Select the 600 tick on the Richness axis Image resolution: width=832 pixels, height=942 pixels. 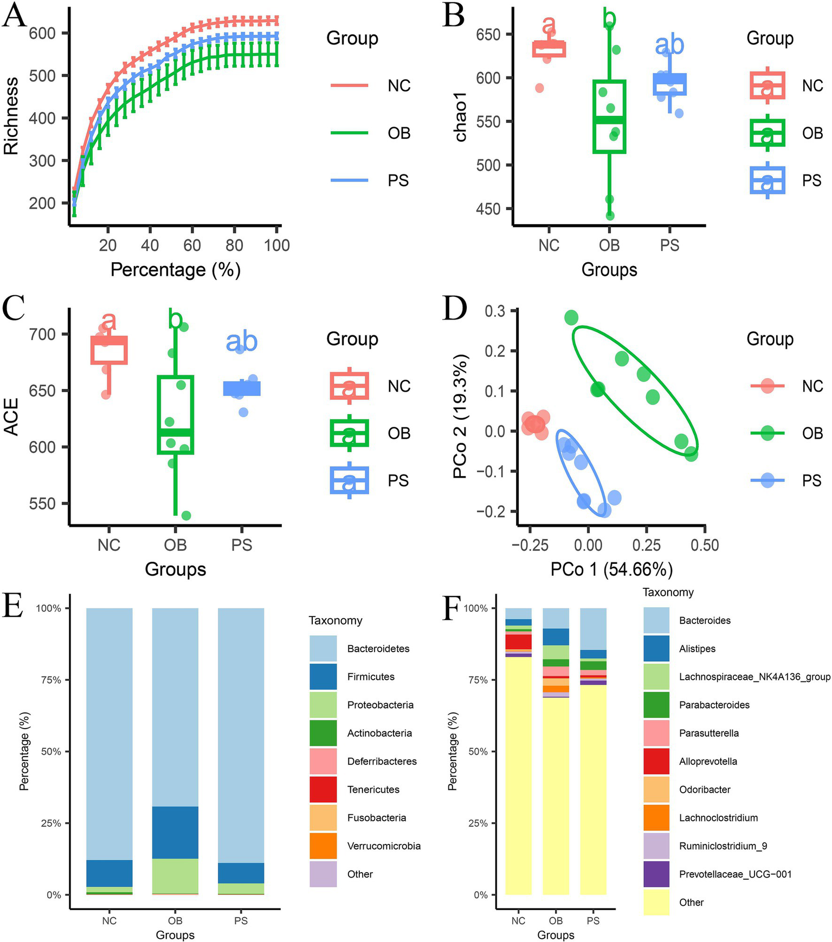pyautogui.click(x=42, y=34)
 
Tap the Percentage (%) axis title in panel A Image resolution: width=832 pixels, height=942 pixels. pyautogui.click(x=175, y=269)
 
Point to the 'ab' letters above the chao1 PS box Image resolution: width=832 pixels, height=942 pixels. pyautogui.click(x=669, y=45)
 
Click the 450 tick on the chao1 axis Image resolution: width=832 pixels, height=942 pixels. pyautogui.click(x=488, y=209)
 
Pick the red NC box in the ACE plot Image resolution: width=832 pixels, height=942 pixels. pyautogui.click(x=109, y=350)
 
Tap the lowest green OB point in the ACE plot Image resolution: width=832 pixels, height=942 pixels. pyautogui.click(x=186, y=515)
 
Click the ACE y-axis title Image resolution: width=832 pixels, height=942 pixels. pyautogui.click(x=12, y=417)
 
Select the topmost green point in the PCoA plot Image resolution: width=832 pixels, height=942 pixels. pyautogui.click(x=571, y=318)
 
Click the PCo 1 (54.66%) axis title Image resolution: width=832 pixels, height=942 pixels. pyautogui.click(x=611, y=569)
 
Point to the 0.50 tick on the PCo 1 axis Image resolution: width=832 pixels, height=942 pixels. pyautogui.click(x=705, y=545)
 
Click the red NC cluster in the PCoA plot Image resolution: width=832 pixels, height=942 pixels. pyautogui.click(x=535, y=424)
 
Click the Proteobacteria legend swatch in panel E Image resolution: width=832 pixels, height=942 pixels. pyautogui.click(x=323, y=705)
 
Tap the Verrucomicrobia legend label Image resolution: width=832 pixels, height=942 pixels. pyautogui.click(x=384, y=846)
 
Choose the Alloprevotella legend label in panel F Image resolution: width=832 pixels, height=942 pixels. pyautogui.click(x=708, y=761)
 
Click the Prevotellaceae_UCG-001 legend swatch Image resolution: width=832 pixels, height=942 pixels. pyautogui.click(x=656, y=874)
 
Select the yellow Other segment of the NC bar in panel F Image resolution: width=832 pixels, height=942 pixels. pyautogui.click(x=518, y=775)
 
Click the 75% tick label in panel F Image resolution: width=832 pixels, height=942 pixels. pyautogui.click(x=478, y=680)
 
